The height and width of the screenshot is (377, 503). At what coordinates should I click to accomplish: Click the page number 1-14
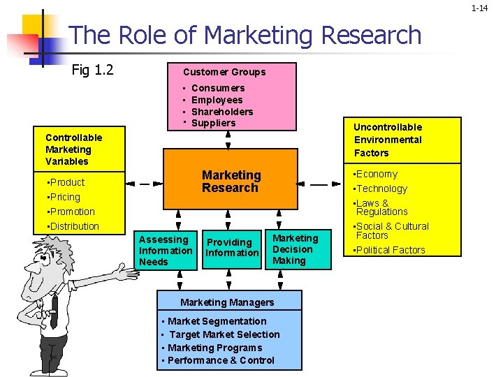pyautogui.click(x=479, y=8)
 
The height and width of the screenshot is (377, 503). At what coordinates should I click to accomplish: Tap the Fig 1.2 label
pyautogui.click(x=92, y=70)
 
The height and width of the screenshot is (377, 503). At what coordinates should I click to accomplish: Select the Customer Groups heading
pyautogui.click(x=224, y=72)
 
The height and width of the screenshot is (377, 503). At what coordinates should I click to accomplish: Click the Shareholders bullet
pyautogui.click(x=222, y=112)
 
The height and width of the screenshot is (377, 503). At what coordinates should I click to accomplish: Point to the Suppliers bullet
pyautogui.click(x=213, y=124)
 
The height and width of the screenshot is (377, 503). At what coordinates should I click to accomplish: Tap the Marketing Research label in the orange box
pyautogui.click(x=231, y=182)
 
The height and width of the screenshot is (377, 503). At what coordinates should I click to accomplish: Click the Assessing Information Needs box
pyautogui.click(x=166, y=250)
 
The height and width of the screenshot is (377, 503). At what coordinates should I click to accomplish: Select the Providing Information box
pyautogui.click(x=232, y=248)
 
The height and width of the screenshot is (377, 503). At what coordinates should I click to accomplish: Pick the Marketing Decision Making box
pyautogui.click(x=295, y=249)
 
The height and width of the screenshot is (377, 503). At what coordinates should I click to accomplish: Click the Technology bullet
pyautogui.click(x=381, y=188)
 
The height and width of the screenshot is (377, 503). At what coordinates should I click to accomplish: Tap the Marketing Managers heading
pyautogui.click(x=227, y=302)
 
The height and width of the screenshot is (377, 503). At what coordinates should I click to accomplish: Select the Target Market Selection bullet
pyautogui.click(x=224, y=334)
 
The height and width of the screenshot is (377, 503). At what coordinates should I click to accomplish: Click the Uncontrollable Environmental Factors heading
pyautogui.click(x=388, y=140)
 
